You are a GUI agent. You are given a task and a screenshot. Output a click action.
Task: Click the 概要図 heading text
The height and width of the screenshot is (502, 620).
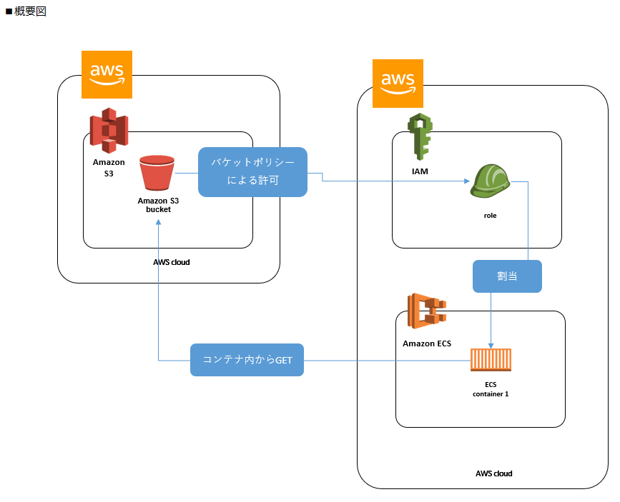pyautogui.click(x=29, y=12)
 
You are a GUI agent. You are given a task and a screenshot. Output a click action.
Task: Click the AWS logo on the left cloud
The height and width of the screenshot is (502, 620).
pyautogui.click(x=107, y=74)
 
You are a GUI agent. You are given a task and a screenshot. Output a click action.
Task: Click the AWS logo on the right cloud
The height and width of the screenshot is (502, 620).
pyautogui.click(x=398, y=83)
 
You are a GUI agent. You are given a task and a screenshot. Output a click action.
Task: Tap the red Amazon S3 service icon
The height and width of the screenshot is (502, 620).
pyautogui.click(x=108, y=131)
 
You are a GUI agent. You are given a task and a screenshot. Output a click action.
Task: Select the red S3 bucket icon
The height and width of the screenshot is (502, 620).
pyautogui.click(x=157, y=174)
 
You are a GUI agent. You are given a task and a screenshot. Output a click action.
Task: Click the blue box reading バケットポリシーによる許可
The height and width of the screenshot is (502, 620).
pyautogui.click(x=252, y=172)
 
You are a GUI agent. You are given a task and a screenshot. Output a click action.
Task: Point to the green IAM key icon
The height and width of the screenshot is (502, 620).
pyautogui.click(x=420, y=136)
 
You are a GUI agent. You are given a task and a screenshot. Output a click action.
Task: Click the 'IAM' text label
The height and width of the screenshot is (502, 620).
pyautogui.click(x=420, y=171)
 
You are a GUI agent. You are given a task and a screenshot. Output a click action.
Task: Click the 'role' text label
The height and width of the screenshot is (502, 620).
pyautogui.click(x=490, y=215)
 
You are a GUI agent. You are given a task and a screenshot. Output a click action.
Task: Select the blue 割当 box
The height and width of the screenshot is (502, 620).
pyautogui.click(x=507, y=276)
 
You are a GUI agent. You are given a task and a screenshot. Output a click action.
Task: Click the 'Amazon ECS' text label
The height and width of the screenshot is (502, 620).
pyautogui.click(x=427, y=343)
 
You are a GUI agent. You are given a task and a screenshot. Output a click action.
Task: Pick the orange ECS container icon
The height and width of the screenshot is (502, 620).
pyautogui.click(x=491, y=360)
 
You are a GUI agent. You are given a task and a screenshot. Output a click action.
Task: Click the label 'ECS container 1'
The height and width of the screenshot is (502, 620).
pyautogui.click(x=491, y=389)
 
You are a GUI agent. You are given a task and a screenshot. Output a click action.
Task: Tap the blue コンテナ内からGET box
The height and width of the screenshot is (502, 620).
pyautogui.click(x=247, y=360)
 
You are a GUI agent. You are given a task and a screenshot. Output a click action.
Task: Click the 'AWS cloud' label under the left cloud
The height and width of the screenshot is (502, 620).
pyautogui.click(x=172, y=262)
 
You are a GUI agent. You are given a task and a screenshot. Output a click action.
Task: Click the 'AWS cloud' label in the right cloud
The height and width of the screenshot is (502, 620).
pyautogui.click(x=493, y=473)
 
